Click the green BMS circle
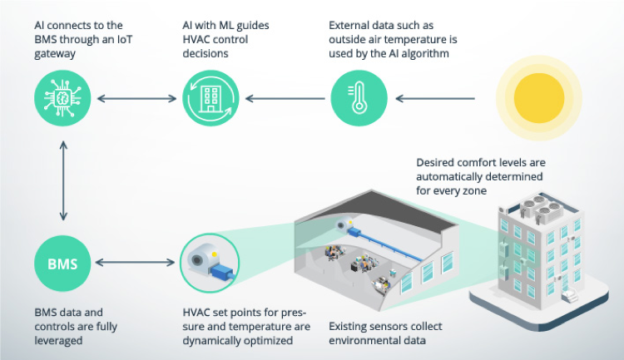coord(62,264)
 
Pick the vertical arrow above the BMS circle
coord(62,180)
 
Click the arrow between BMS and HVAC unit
coord(136,264)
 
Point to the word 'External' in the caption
coord(351,24)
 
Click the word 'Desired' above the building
coord(433,162)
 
